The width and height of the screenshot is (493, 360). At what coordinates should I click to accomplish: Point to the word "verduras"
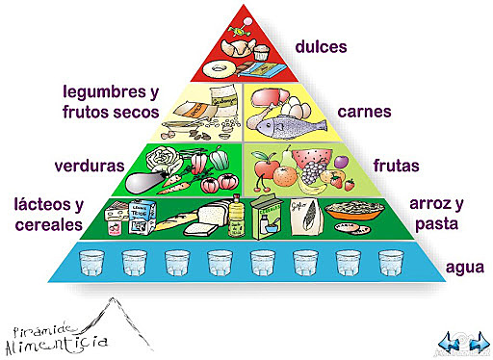pyautogui.click(x=91, y=165)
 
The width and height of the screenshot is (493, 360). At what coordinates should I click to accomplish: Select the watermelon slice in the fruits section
pyautogui.click(x=307, y=156)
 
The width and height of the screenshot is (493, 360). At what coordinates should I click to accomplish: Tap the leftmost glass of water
pyautogui.click(x=92, y=263)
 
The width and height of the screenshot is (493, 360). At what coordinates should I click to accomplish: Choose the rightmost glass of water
pyautogui.click(x=390, y=263)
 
